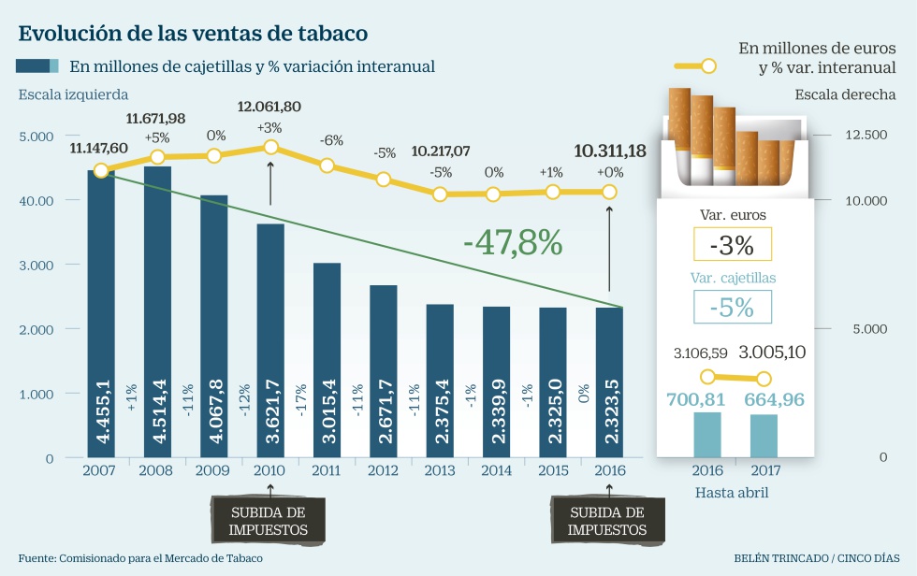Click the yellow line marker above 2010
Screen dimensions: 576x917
click(x=270, y=147)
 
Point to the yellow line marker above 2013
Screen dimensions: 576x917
click(x=440, y=194)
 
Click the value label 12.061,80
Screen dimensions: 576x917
click(x=269, y=107)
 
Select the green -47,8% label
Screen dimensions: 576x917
click(x=513, y=243)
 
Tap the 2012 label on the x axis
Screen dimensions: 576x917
click(x=384, y=470)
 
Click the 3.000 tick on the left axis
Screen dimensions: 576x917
click(x=37, y=265)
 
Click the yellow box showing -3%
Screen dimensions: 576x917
click(x=733, y=246)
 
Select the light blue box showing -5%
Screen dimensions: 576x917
click(x=733, y=307)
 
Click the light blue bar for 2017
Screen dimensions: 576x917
click(x=764, y=436)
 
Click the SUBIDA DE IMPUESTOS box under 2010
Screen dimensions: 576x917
click(x=269, y=520)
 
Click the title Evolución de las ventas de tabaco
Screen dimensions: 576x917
click(x=193, y=34)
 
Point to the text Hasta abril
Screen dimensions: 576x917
click(x=732, y=492)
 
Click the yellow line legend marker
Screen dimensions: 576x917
click(x=708, y=66)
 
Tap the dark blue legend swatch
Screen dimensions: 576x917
click(x=37, y=66)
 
